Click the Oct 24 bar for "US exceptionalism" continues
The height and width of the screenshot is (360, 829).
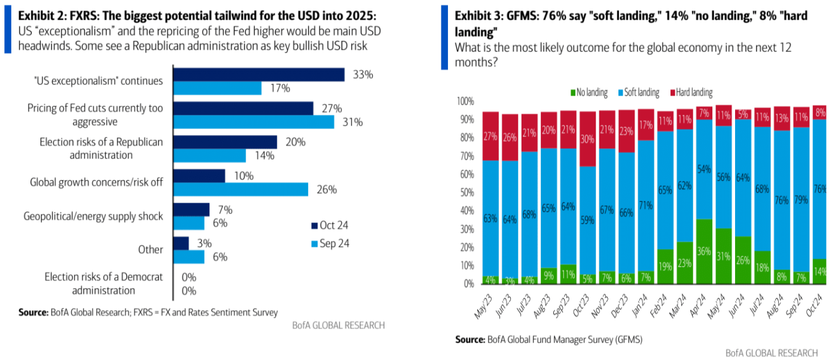258,74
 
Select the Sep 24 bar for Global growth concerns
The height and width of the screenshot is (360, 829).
240,190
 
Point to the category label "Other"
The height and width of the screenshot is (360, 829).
150,249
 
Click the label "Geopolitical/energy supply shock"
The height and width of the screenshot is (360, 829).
93,216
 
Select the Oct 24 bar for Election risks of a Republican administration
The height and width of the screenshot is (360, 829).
225,142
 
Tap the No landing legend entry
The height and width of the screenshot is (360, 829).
589,93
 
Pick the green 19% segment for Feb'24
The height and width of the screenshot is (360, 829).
665,266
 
